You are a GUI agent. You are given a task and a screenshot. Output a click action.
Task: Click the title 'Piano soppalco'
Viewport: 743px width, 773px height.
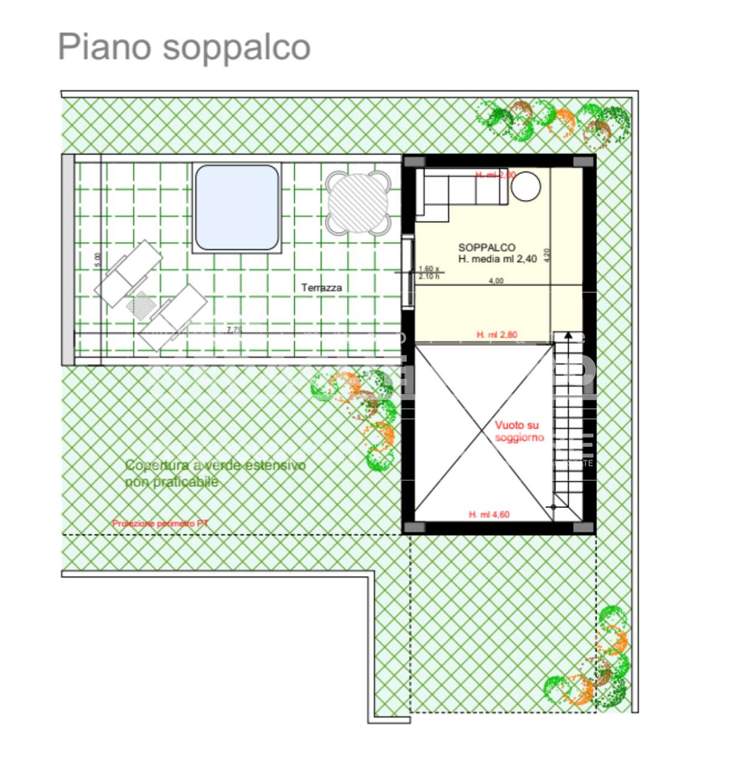coord(184,47)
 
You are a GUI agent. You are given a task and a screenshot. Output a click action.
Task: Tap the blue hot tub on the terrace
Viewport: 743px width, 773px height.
coord(237,207)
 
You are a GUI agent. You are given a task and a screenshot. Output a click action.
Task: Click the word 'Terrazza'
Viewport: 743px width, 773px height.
coord(322,287)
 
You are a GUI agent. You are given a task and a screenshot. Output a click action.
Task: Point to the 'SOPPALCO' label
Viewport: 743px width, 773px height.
coord(486,247)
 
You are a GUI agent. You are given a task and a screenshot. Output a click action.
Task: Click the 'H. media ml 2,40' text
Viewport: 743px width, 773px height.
coord(497,259)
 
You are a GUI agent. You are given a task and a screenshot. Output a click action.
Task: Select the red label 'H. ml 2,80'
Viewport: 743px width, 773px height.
coord(497,335)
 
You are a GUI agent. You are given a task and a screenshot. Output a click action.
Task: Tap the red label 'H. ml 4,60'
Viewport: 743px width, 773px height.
coord(489,515)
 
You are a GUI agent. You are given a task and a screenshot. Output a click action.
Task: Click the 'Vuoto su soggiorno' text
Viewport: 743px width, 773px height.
coord(518,431)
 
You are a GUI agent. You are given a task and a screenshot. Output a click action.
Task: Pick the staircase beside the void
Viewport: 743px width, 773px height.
coord(568,423)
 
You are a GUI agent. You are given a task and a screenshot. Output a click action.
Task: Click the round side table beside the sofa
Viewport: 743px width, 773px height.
coord(526,187)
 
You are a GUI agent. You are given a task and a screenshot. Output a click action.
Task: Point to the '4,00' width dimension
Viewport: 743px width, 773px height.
coord(496,281)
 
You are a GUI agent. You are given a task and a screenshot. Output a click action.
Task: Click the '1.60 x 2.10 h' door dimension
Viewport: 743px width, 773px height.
coord(429,272)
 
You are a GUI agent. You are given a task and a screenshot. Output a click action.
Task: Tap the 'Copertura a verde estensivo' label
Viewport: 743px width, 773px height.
coord(215,466)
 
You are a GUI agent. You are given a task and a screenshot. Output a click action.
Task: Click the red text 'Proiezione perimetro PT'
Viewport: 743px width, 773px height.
coord(160,524)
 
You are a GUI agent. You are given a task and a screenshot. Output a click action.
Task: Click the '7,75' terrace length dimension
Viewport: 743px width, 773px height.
coord(234,330)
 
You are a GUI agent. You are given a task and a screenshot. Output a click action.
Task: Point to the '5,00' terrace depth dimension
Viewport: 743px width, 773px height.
coord(98,260)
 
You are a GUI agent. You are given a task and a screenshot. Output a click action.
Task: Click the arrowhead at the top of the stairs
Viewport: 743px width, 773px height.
coord(567,336)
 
